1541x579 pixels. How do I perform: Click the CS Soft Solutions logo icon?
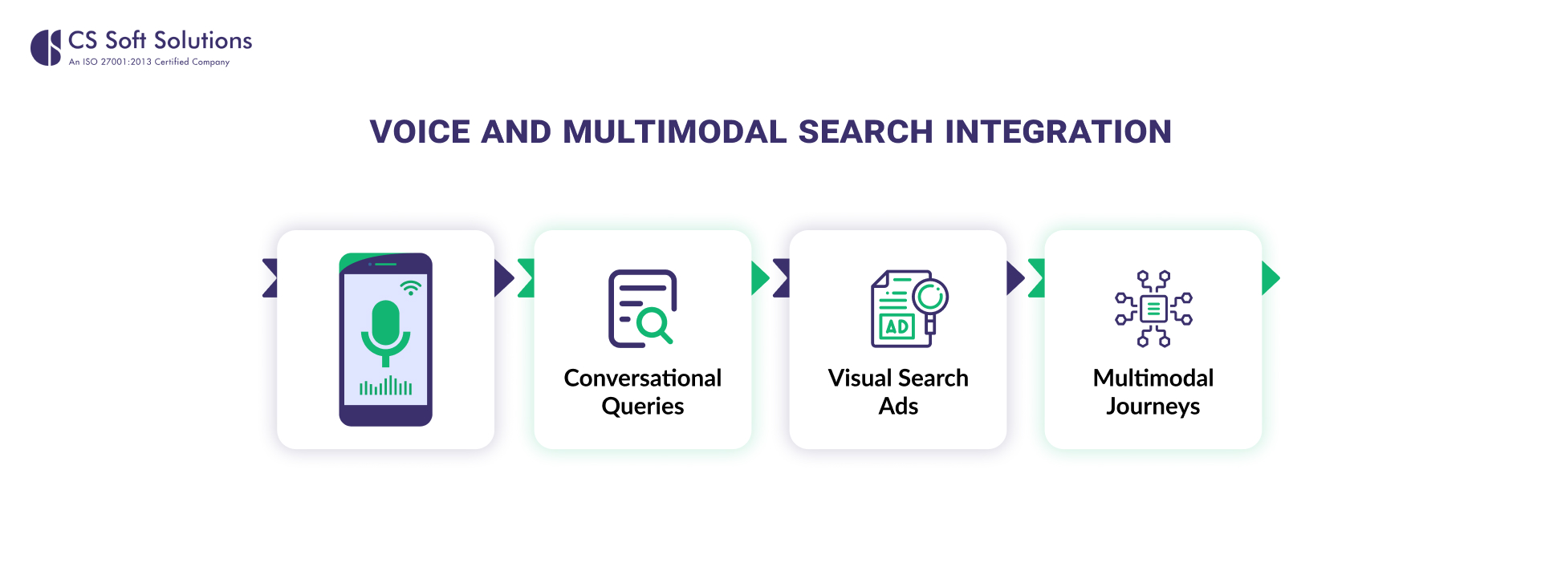point(46,47)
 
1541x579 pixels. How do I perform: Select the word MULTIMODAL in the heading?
point(674,132)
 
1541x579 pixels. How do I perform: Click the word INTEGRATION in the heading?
point(1058,132)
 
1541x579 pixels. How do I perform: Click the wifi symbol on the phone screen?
point(411,288)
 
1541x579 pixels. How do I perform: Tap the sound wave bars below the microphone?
point(386,387)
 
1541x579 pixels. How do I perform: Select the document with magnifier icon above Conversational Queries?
point(642,309)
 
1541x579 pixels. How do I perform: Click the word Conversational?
point(642,378)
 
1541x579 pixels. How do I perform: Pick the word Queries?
point(642,407)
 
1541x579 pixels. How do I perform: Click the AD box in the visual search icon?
point(897,326)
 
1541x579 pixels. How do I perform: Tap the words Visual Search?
point(898,378)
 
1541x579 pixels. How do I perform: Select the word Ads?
point(898,407)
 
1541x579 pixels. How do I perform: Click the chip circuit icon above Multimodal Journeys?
point(1153,309)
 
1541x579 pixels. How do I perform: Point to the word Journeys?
point(1153,407)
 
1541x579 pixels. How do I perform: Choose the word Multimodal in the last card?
point(1153,378)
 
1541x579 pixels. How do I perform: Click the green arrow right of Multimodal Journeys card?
point(1270,278)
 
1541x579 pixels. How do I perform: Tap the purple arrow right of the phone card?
point(503,278)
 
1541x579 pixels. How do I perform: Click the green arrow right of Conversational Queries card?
point(759,278)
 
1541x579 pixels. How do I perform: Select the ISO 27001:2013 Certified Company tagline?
point(149,62)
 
